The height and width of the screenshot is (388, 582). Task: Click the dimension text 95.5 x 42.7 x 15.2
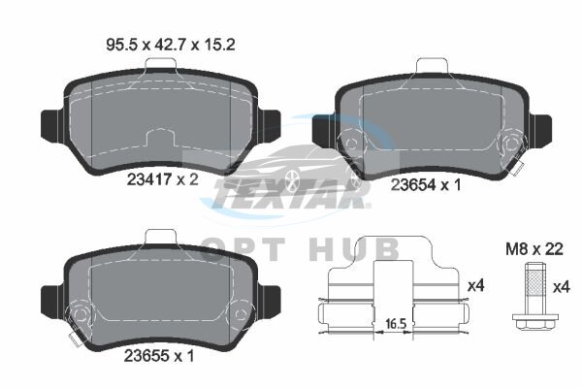171,45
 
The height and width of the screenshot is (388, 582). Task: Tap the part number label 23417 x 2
163,179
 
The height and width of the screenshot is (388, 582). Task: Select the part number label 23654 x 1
426,184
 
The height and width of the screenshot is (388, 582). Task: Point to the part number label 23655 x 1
159,356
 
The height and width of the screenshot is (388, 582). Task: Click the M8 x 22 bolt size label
533,249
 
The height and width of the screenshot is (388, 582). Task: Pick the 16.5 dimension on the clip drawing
395,324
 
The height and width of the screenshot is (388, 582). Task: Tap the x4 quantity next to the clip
476,285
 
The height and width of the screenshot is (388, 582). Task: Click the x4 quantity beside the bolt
561,287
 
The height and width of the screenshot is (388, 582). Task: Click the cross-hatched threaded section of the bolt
533,283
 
